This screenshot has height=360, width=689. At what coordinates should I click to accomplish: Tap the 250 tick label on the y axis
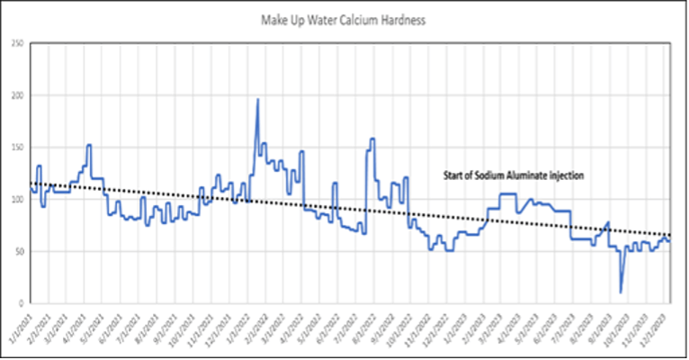coord(17,43)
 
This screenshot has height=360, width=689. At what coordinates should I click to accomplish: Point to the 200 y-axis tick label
coord(17,95)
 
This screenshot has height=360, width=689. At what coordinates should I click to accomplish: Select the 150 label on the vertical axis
coord(17,147)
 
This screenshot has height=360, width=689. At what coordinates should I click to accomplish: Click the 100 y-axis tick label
coord(17,199)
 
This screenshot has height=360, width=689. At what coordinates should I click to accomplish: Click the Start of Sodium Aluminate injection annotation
coord(515,176)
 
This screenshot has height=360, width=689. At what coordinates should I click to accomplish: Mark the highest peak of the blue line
coord(258,100)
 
